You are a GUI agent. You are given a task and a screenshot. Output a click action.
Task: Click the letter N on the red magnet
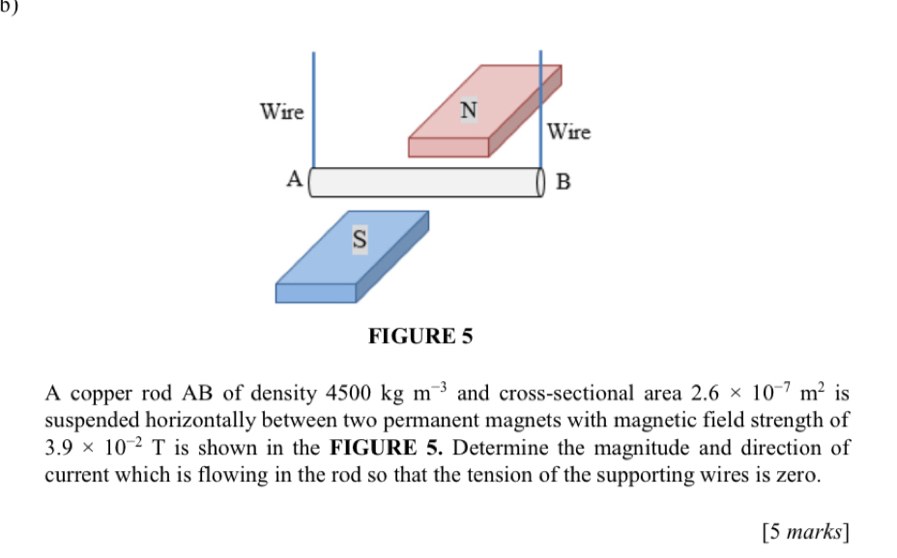click(x=468, y=110)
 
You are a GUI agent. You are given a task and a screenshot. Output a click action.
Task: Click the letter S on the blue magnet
click(x=359, y=240)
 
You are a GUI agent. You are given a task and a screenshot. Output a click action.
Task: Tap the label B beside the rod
click(x=565, y=181)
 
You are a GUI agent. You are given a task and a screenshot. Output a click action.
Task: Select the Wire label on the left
click(x=282, y=112)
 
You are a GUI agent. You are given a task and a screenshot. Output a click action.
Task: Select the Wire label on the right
click(x=568, y=132)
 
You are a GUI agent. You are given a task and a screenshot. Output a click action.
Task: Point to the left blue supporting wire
click(x=313, y=106)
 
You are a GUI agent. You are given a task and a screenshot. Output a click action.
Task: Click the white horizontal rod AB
click(x=425, y=182)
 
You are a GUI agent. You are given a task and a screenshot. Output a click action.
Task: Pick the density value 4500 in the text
click(x=350, y=395)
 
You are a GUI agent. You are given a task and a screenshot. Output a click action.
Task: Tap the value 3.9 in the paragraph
click(x=61, y=449)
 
